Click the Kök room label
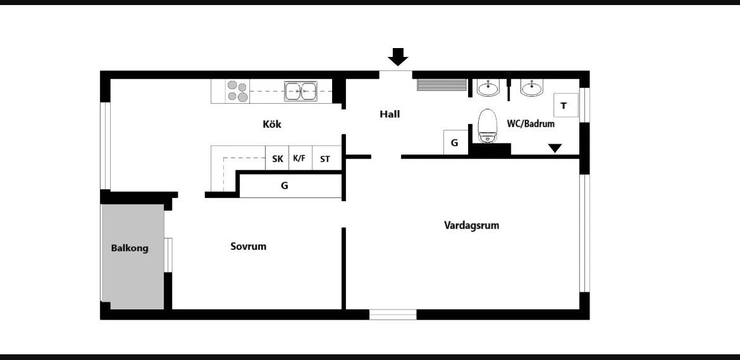pyautogui.click(x=272, y=124)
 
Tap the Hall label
pyautogui.click(x=390, y=114)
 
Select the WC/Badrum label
pyautogui.click(x=531, y=123)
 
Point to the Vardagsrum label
pyautogui.click(x=471, y=225)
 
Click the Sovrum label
pyautogui.click(x=248, y=246)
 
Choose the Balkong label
pyautogui.click(x=130, y=248)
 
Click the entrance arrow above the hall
pyautogui.click(x=398, y=56)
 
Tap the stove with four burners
pyautogui.click(x=237, y=92)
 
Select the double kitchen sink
pyautogui.click(x=300, y=91)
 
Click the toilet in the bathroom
pyautogui.click(x=488, y=125)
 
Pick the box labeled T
pyautogui.click(x=566, y=105)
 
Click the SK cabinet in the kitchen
pyautogui.click(x=277, y=158)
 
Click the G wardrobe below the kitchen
pyautogui.click(x=291, y=186)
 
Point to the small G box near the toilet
pyautogui.click(x=455, y=142)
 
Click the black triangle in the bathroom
pyautogui.click(x=555, y=148)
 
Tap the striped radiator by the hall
pyautogui.click(x=441, y=85)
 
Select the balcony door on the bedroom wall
pyautogui.click(x=168, y=255)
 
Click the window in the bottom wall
pyautogui.click(x=393, y=314)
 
